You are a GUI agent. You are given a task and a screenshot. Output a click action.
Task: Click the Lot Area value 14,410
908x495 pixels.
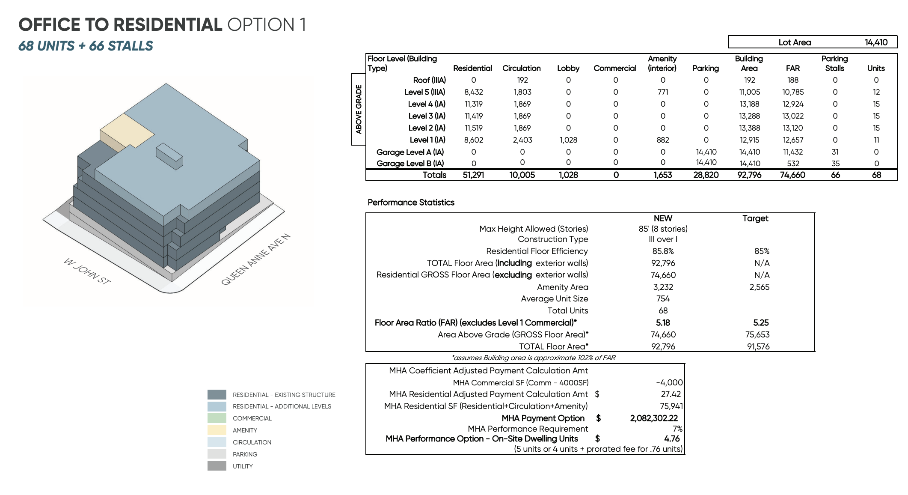tap(876, 42)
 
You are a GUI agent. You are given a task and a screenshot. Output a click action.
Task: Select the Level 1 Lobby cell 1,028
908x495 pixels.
tap(568, 140)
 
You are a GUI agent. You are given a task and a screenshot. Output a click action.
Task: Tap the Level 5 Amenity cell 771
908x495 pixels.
tap(662, 92)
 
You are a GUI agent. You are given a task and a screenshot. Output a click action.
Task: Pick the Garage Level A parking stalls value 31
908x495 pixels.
tap(835, 152)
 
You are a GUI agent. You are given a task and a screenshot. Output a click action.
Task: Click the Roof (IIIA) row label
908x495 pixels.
tap(429, 80)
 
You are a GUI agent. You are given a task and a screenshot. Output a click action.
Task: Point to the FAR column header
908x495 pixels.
tap(792, 68)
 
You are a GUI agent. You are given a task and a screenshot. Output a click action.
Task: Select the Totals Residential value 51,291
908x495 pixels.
tap(473, 175)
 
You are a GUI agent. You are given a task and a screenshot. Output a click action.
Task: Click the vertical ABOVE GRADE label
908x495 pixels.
tap(359, 110)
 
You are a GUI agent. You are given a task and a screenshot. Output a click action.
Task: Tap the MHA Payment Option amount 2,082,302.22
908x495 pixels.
tap(654, 418)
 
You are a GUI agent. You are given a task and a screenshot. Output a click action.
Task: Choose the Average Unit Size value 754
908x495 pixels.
tap(663, 298)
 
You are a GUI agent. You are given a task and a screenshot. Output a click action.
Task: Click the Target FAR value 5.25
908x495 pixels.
tap(761, 322)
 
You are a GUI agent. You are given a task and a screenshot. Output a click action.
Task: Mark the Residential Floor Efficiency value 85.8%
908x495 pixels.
tap(663, 251)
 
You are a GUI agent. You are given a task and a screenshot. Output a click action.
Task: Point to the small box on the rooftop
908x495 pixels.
tap(169, 156)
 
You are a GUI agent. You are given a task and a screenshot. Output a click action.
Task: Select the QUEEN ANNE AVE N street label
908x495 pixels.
tap(255, 259)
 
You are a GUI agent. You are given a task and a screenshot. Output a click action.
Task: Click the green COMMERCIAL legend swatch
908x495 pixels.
tap(217, 418)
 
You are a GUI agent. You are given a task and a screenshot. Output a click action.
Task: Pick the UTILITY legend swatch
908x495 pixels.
tap(217, 466)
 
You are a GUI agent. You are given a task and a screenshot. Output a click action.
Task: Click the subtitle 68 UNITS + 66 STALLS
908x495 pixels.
tap(86, 46)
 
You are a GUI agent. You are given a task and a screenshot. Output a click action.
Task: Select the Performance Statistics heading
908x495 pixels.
tap(411, 203)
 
